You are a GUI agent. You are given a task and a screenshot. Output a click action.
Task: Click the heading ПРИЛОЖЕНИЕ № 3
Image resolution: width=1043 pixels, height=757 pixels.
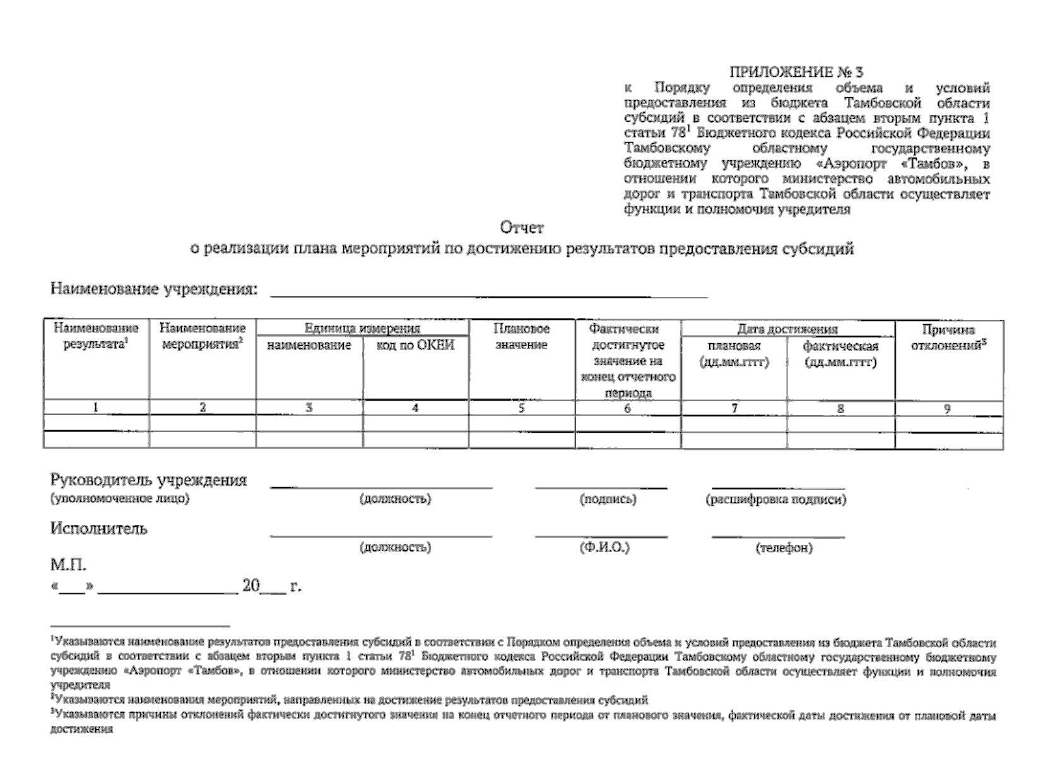pyautogui.click(x=796, y=73)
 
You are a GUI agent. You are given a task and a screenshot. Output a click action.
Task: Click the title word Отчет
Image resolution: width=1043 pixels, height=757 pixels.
pyautogui.click(x=521, y=228)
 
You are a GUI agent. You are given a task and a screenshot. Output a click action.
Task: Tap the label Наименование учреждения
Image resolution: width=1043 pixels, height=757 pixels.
pyautogui.click(x=154, y=290)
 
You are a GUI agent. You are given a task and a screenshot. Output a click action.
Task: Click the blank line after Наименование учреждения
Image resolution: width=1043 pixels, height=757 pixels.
pyautogui.click(x=488, y=293)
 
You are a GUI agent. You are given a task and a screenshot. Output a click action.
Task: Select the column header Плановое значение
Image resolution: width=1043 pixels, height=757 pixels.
pyautogui.click(x=521, y=337)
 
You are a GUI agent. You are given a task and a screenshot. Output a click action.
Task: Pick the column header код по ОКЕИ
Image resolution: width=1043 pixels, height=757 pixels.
pyautogui.click(x=415, y=346)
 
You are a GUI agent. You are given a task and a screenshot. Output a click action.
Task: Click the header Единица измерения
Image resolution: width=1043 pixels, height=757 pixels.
pyautogui.click(x=362, y=329)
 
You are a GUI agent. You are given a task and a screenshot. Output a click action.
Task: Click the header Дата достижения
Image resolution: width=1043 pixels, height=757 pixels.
pyautogui.click(x=787, y=329)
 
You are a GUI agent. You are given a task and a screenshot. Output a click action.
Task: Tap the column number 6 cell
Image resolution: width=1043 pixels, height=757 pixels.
pyautogui.click(x=627, y=408)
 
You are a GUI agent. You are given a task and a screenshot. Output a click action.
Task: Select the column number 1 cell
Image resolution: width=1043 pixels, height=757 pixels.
pyautogui.click(x=96, y=408)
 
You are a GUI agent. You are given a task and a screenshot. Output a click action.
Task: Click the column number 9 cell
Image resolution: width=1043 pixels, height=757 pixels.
pyautogui.click(x=947, y=409)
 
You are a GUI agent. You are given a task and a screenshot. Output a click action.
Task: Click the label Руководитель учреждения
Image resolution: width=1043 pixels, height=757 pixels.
pyautogui.click(x=148, y=481)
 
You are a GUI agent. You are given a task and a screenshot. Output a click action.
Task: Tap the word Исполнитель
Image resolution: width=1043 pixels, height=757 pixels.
pyautogui.click(x=98, y=529)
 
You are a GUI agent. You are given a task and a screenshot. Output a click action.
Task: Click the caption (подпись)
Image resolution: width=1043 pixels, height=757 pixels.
pyautogui.click(x=608, y=500)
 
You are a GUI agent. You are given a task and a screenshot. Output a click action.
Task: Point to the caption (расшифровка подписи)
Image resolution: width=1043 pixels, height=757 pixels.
pyautogui.click(x=775, y=500)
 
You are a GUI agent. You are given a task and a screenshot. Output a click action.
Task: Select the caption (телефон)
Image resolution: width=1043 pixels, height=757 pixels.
pyautogui.click(x=784, y=548)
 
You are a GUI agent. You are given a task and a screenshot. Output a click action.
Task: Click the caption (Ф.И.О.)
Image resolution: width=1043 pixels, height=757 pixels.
pyautogui.click(x=604, y=548)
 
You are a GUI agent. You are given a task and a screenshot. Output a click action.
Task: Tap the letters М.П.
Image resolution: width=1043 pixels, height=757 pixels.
pyautogui.click(x=68, y=565)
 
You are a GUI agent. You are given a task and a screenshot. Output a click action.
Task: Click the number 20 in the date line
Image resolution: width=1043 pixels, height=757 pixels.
pyautogui.click(x=250, y=586)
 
